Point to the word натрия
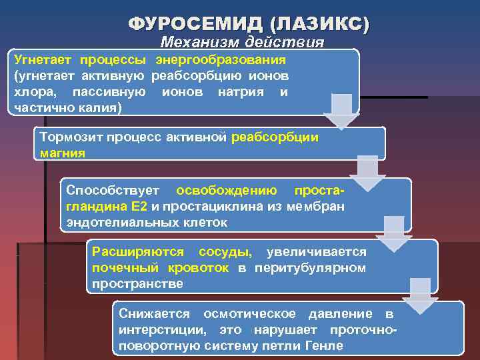click(x=241, y=92)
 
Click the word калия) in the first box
click(x=98, y=107)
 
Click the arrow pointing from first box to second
click(x=341, y=110)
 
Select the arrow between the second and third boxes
click(x=367, y=171)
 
